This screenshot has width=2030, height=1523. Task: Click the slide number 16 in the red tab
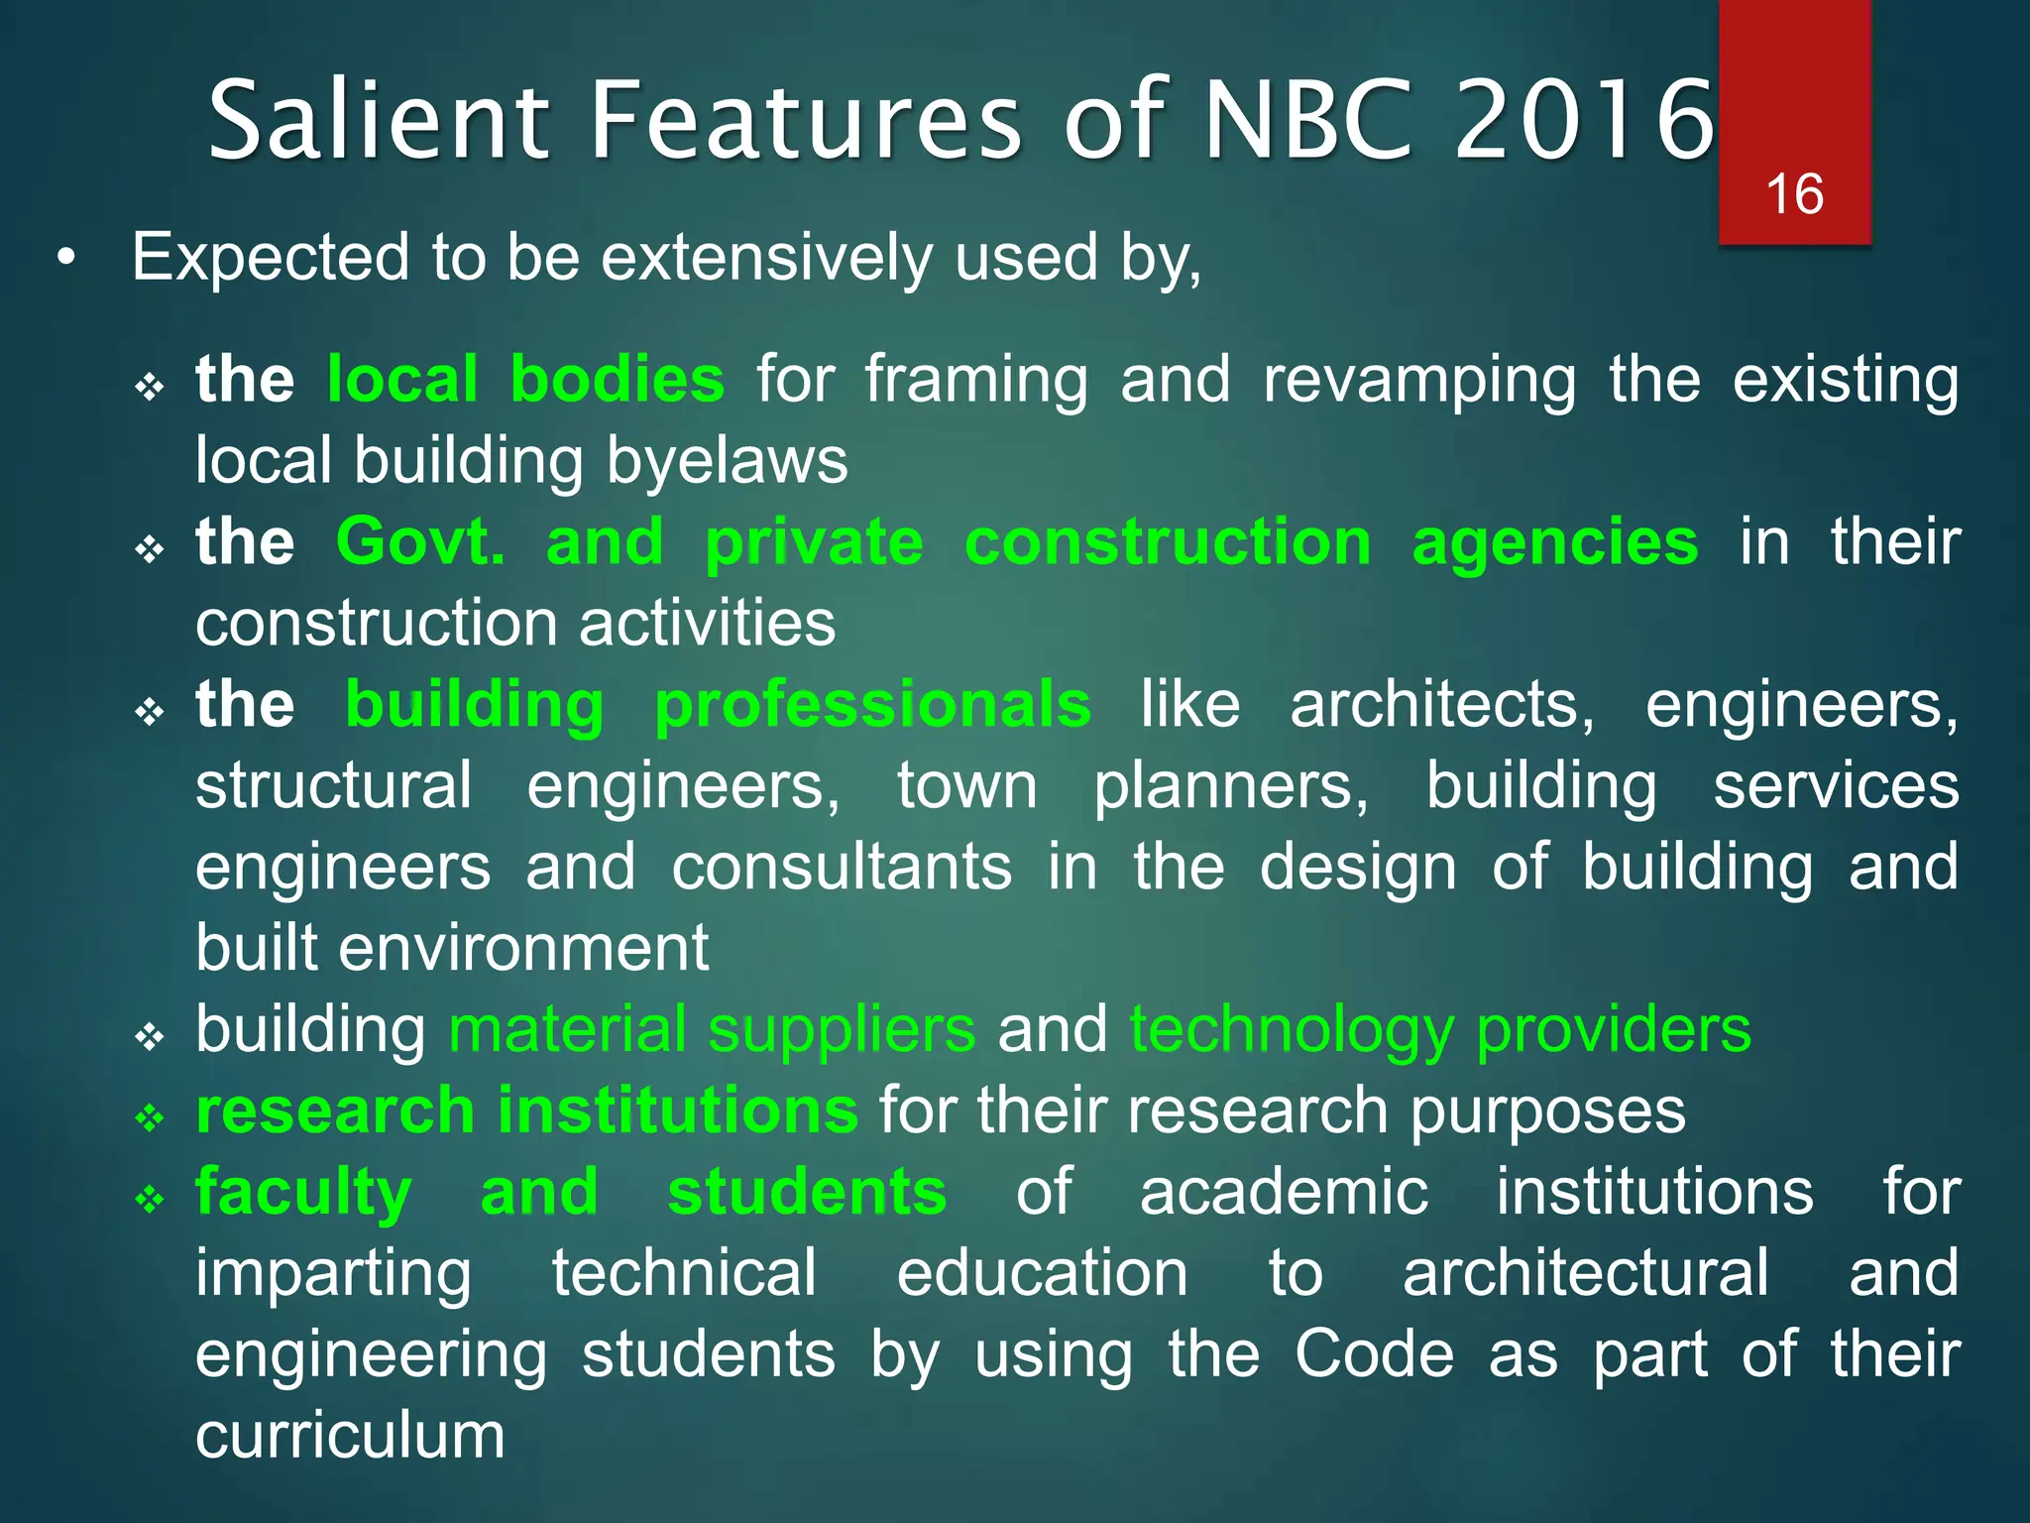tap(1794, 193)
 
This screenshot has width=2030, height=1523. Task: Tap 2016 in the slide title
tap(1583, 121)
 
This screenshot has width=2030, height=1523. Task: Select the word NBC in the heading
tap(1307, 121)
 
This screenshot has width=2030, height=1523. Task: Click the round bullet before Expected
tap(65, 259)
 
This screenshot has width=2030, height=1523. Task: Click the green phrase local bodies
tap(525, 380)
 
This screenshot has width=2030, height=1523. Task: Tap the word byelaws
tap(727, 461)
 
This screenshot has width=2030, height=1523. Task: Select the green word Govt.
tap(420, 542)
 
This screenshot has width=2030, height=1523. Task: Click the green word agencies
tap(1554, 542)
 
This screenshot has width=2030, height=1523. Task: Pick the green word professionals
tap(872, 705)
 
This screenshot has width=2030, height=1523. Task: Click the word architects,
tap(1442, 705)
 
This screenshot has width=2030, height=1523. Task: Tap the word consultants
tap(842, 867)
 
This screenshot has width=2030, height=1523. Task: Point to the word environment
tap(523, 948)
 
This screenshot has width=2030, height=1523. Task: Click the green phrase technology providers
tap(1440, 1029)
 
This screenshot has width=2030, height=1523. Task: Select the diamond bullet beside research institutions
tap(150, 1117)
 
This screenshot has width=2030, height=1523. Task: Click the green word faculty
tap(303, 1192)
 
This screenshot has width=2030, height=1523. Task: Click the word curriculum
tap(350, 1435)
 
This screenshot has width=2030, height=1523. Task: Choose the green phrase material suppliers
tap(712, 1029)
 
